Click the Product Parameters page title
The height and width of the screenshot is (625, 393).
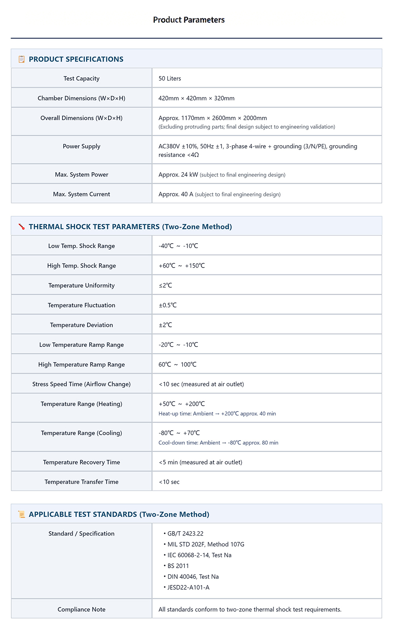(x=189, y=20)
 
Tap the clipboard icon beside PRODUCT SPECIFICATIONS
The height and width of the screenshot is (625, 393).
(x=22, y=59)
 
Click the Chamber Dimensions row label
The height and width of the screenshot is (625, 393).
(x=81, y=98)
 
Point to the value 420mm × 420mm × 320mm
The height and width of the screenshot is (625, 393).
(x=196, y=98)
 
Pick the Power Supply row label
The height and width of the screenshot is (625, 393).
(x=81, y=146)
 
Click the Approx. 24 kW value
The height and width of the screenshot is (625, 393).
(x=178, y=175)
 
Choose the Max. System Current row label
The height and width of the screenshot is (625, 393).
(x=81, y=194)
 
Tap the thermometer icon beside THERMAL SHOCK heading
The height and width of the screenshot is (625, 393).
(x=22, y=227)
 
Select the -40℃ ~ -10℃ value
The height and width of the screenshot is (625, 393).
(x=178, y=246)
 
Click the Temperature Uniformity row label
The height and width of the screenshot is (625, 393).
(x=81, y=286)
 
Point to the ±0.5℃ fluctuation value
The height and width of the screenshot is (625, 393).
(x=168, y=305)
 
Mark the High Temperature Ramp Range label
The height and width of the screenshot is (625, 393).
(x=81, y=364)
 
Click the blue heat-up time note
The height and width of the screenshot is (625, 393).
(x=217, y=414)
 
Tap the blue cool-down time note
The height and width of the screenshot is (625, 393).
(x=218, y=443)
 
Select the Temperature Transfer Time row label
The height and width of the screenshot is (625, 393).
(x=81, y=482)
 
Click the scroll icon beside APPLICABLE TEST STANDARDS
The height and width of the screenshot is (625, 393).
(x=22, y=514)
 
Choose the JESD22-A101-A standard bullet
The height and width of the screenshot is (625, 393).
(x=188, y=587)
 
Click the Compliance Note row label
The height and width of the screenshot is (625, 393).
(x=81, y=609)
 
